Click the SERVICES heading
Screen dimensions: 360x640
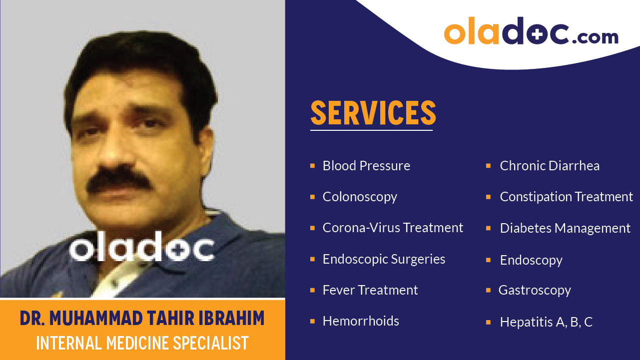(x=373, y=113)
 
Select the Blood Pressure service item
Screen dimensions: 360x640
(x=366, y=166)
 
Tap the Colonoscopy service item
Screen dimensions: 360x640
(x=360, y=197)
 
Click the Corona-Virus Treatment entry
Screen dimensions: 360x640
(x=393, y=228)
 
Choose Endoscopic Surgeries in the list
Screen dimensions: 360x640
(x=384, y=259)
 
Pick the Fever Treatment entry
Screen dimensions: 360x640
(x=370, y=290)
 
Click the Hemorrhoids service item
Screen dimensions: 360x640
(x=361, y=321)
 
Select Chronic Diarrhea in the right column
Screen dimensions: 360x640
(x=550, y=166)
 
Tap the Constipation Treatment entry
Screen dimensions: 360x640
(x=566, y=197)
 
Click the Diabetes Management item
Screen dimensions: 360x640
(x=565, y=228)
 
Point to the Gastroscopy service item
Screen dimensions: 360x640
(x=535, y=290)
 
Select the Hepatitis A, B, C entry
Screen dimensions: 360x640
(x=546, y=322)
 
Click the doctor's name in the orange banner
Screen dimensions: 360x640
(x=142, y=318)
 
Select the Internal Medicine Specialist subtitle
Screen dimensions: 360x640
(x=142, y=343)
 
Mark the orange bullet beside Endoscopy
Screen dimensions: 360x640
(x=488, y=260)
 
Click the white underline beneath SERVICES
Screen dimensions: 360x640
(x=371, y=130)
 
